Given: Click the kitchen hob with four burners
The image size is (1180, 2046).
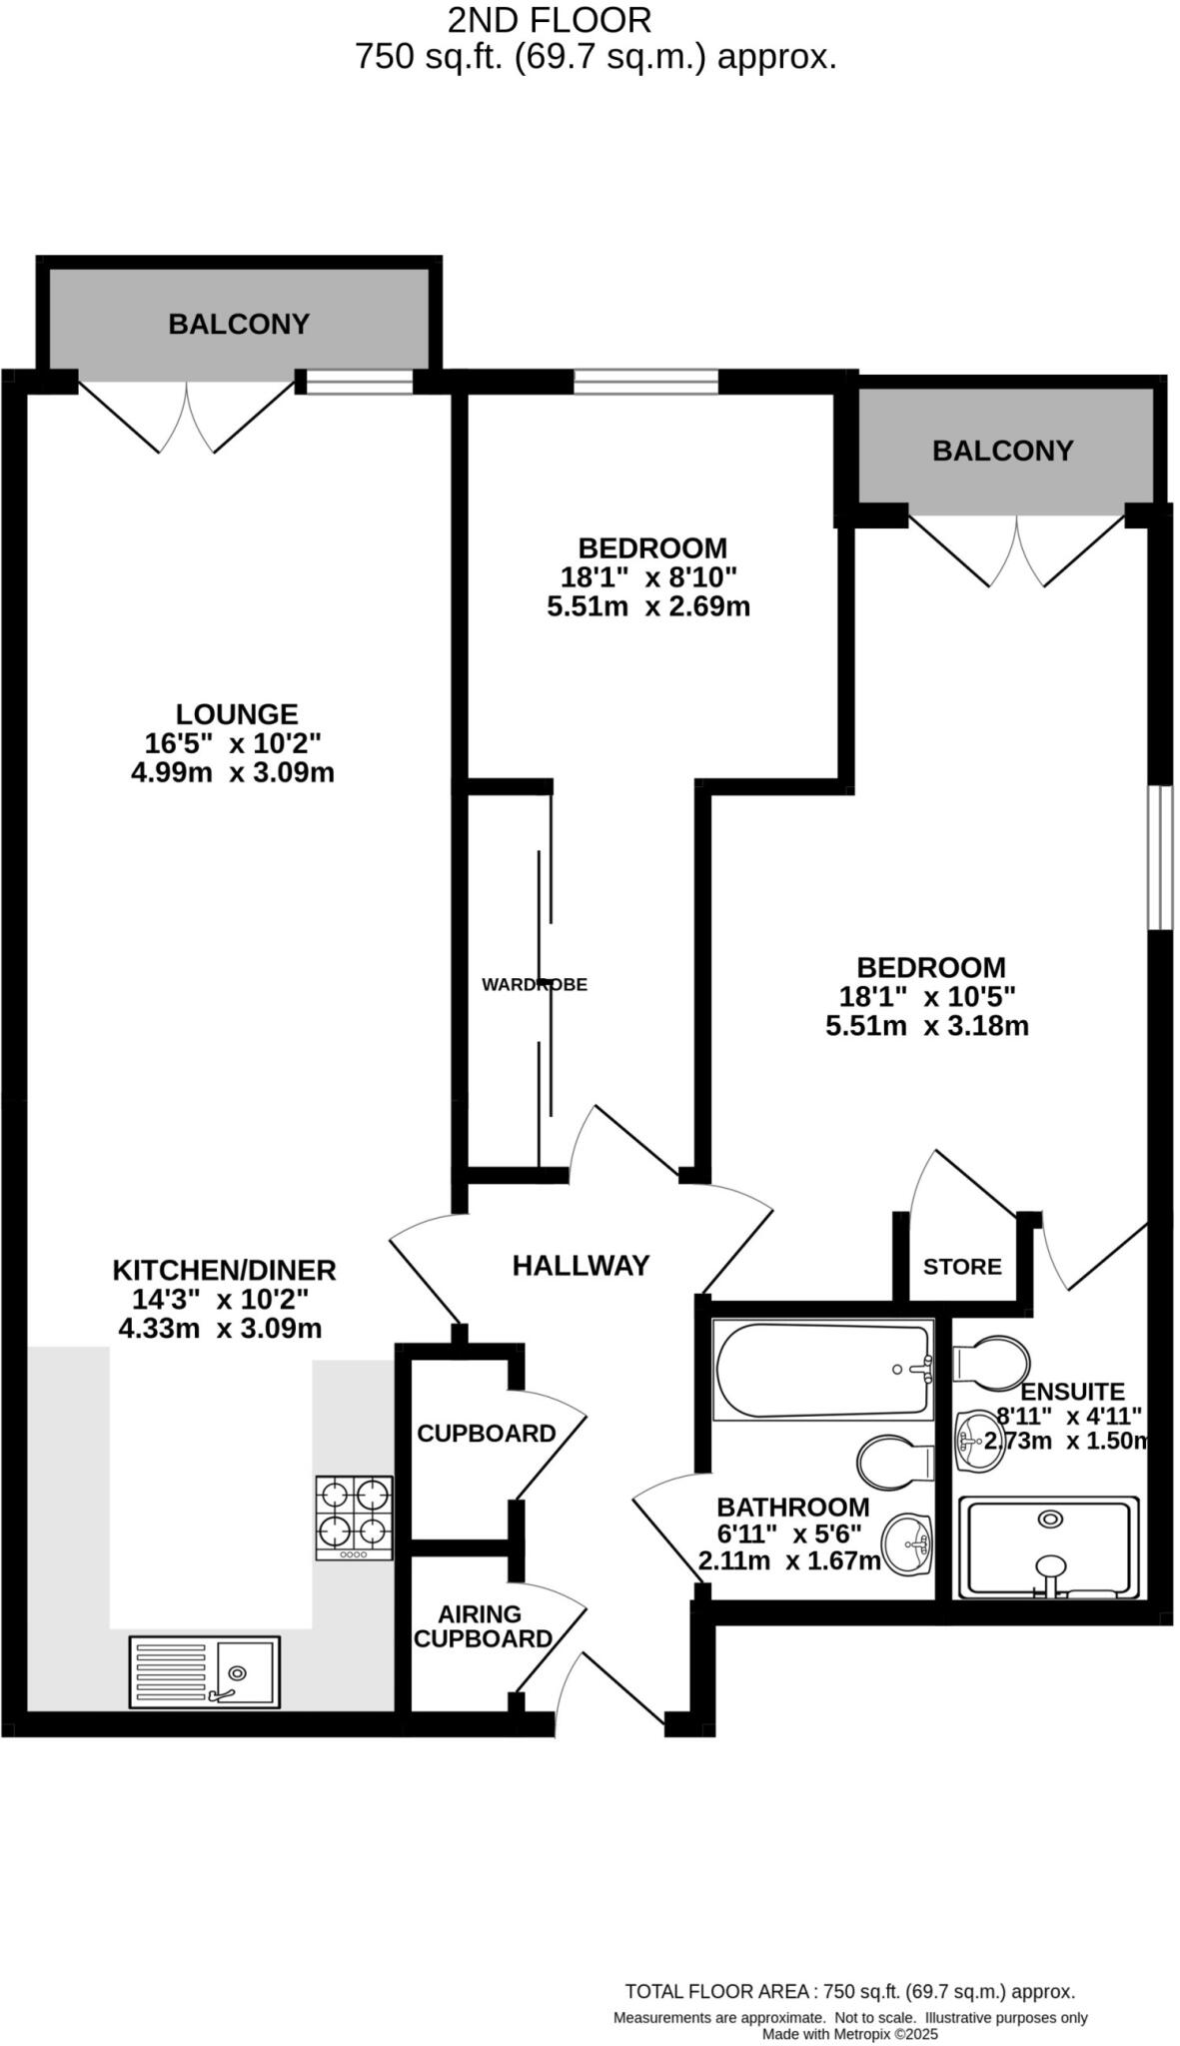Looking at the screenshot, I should [354, 1517].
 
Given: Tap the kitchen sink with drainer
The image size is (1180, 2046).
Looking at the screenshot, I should [204, 1671].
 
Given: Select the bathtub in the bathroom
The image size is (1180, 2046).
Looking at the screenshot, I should [822, 1369].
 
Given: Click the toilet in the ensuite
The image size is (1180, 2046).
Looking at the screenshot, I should [992, 1362].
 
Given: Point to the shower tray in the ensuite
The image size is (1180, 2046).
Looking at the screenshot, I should [1049, 1546].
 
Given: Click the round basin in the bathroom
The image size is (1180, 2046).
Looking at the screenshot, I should [909, 1544].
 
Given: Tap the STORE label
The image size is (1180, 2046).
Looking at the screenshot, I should [962, 1267].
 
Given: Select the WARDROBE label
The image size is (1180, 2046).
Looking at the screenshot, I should [535, 985].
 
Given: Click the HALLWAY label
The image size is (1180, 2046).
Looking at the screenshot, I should [581, 1266].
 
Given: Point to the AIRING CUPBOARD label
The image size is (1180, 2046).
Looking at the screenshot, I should [483, 1626].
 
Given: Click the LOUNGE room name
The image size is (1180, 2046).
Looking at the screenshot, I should [237, 714].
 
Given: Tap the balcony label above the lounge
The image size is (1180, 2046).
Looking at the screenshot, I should [239, 324].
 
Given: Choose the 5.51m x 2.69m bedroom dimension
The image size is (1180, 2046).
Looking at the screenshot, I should [648, 606].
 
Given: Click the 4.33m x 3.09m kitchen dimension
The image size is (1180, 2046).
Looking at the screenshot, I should [220, 1329].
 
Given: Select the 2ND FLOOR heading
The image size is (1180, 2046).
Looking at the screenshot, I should [550, 20].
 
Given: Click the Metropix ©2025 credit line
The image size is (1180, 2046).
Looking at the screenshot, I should [849, 2034].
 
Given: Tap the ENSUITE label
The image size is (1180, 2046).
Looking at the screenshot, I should [1072, 1392].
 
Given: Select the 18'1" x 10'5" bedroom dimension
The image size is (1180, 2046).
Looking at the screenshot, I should [927, 996].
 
